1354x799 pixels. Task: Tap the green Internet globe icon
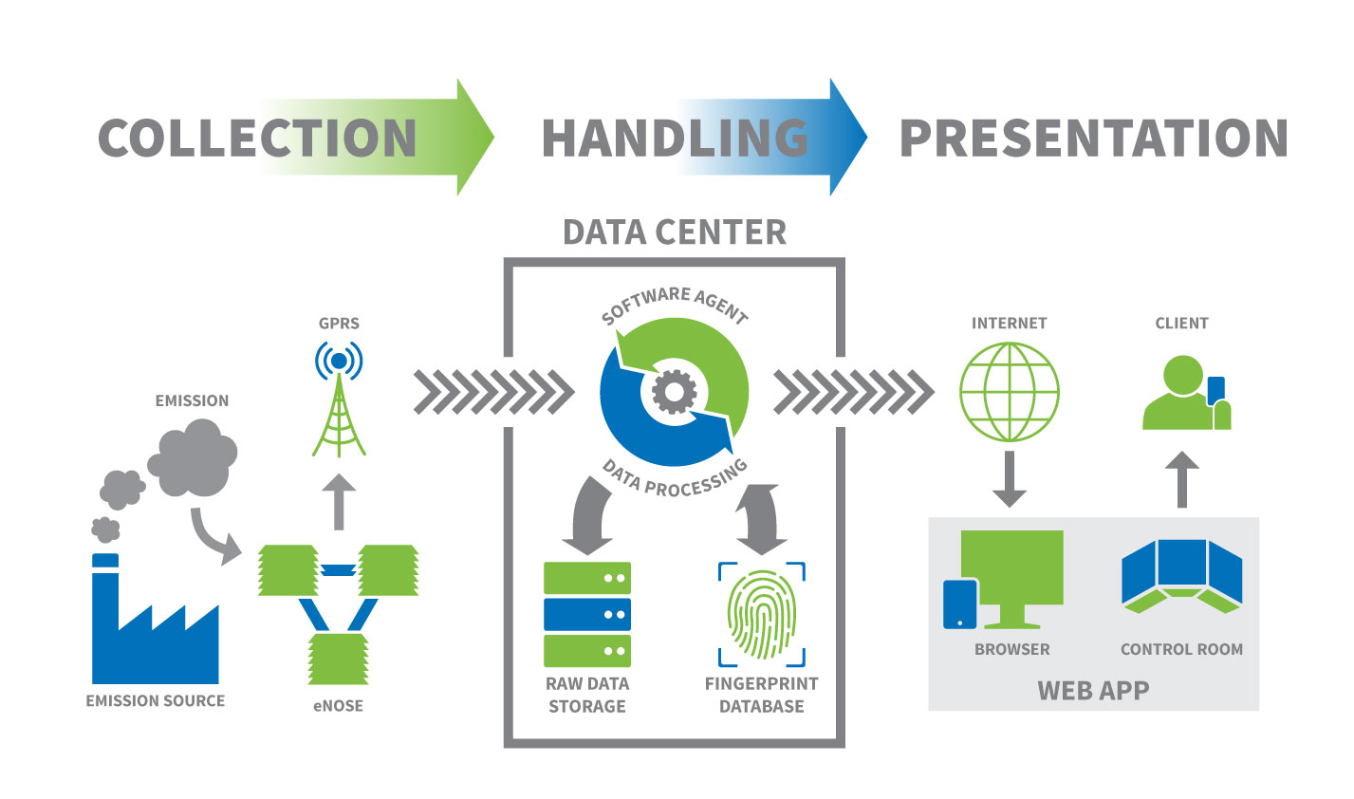pyautogui.click(x=1009, y=392)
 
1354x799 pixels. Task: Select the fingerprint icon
pyautogui.click(x=761, y=614)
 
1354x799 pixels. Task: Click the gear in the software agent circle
pyautogui.click(x=675, y=391)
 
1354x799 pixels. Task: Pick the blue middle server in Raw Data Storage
pyautogui.click(x=586, y=614)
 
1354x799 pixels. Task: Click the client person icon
pyautogui.click(x=1183, y=394)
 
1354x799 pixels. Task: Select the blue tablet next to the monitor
pyautogui.click(x=960, y=604)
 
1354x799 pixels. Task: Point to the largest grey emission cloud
pyautogui.click(x=192, y=459)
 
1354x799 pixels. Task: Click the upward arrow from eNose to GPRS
pyautogui.click(x=339, y=501)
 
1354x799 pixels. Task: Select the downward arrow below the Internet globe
pyautogui.click(x=1009, y=478)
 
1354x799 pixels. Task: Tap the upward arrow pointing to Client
pyautogui.click(x=1181, y=478)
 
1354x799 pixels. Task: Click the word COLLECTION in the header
pyautogui.click(x=257, y=139)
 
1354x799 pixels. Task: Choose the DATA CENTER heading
pyautogui.click(x=675, y=232)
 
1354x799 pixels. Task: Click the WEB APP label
pyautogui.click(x=1093, y=690)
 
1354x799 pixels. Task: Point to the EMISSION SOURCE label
pyautogui.click(x=156, y=701)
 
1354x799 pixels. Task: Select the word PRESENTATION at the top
pyautogui.click(x=1093, y=139)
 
